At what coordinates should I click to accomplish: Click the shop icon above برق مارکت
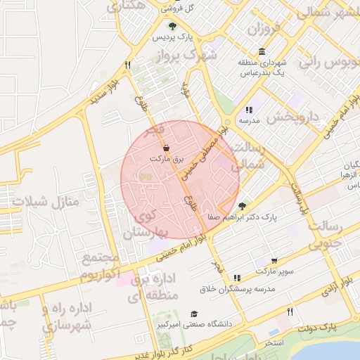pyautogui.click(x=166, y=148)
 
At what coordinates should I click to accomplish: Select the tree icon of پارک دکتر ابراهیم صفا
pyautogui.click(x=243, y=206)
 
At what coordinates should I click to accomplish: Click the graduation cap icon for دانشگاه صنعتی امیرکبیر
pyautogui.click(x=195, y=314)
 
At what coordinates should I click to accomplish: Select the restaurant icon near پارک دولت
pyautogui.click(x=290, y=311)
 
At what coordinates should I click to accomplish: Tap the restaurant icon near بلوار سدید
pyautogui.click(x=127, y=65)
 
